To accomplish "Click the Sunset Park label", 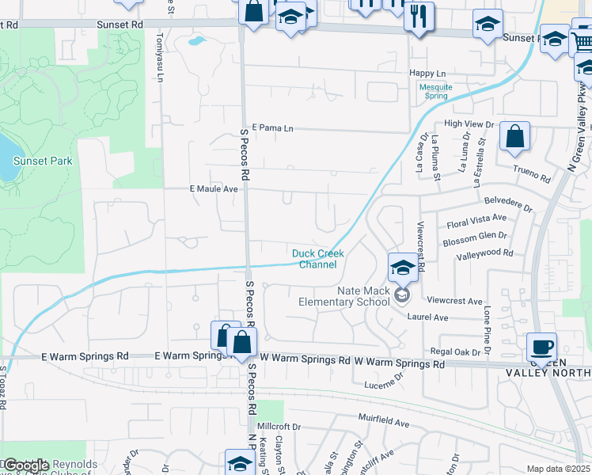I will click(x=43, y=161).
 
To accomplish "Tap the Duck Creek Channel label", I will click(x=318, y=259).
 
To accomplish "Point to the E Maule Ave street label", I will click(x=214, y=189).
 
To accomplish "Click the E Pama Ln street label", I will click(x=272, y=127).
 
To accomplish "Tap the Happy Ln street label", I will click(x=428, y=73).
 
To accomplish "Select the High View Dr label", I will click(x=469, y=124).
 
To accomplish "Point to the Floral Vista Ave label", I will click(x=476, y=217).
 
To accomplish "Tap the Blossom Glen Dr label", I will click(x=475, y=236).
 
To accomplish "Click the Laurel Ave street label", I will click(x=427, y=317).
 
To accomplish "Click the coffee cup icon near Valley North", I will click(x=542, y=346).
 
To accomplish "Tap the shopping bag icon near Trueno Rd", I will click(x=514, y=136).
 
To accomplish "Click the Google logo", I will click(x=26, y=465).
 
